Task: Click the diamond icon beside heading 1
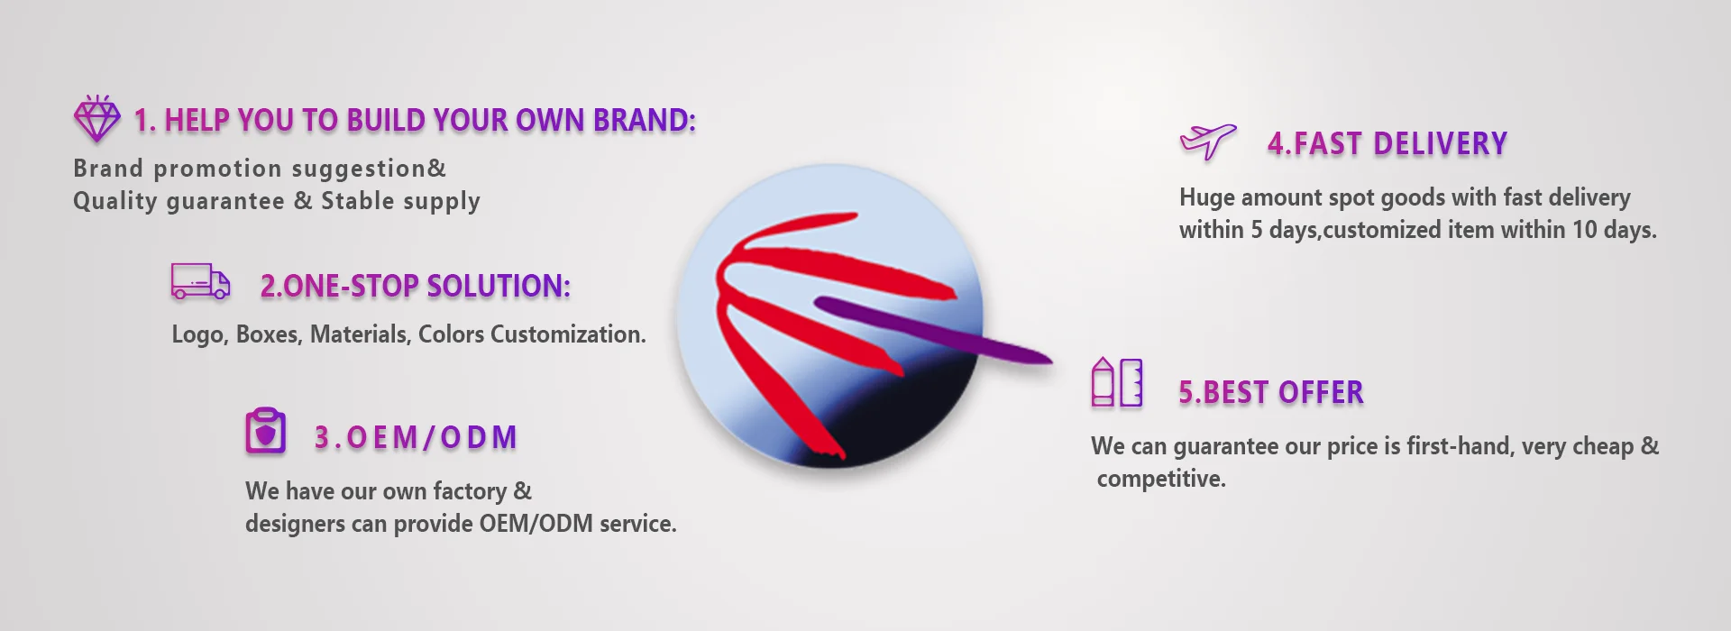pos(96,118)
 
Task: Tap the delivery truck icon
pos(200,281)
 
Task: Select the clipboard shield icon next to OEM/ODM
pos(265,431)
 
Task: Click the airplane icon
pos(1208,142)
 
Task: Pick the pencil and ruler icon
pos(1117,382)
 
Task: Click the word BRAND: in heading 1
pos(645,121)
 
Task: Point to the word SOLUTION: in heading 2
pos(499,287)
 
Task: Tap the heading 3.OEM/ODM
pos(416,438)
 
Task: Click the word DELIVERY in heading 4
pos(1441,144)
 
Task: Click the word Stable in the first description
pos(358,200)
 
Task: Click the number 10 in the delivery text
pos(1585,230)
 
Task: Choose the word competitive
pos(1161,479)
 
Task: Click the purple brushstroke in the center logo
pos(933,330)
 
